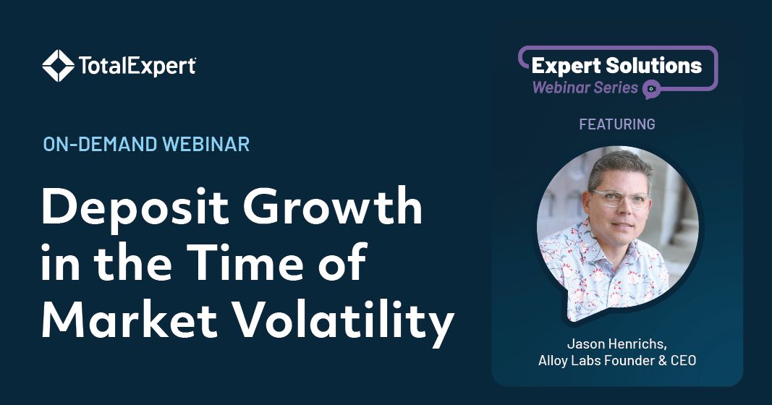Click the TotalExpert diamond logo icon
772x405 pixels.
[59, 65]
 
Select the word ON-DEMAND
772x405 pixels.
[100, 144]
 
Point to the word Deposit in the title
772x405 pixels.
[135, 208]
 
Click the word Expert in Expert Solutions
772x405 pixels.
[567, 67]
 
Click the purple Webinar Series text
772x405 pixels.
[585, 88]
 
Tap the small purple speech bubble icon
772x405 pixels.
[651, 89]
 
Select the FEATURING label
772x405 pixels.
[617, 124]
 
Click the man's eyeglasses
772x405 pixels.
[622, 198]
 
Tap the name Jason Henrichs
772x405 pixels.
[617, 343]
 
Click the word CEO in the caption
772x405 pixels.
[684, 360]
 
